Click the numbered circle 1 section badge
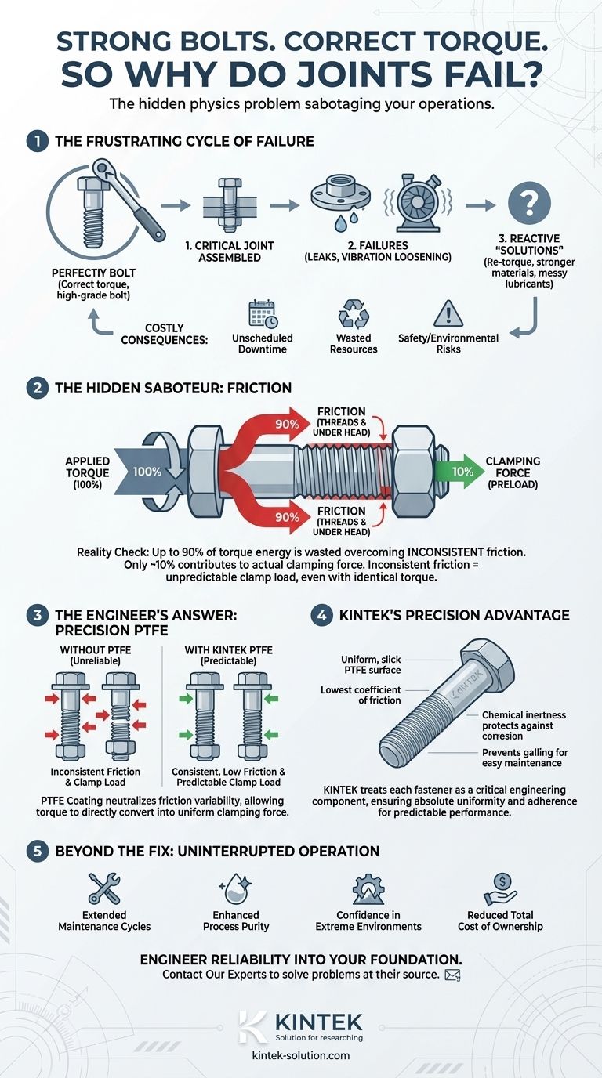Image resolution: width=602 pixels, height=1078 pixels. [x=36, y=142]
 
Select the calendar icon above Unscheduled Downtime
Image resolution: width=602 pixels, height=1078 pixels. [x=263, y=314]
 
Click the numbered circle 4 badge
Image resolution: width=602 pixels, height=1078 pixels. [x=321, y=615]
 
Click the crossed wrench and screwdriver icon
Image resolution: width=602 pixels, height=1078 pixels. [x=104, y=888]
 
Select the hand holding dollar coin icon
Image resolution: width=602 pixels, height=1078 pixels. [x=499, y=888]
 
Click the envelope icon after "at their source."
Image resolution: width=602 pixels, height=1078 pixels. [x=451, y=975]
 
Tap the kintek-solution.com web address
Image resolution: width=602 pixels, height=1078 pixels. [x=301, y=1055]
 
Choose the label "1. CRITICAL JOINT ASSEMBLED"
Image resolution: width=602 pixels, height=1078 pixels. [x=230, y=251]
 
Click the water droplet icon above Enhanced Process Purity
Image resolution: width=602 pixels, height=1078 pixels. [x=236, y=888]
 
